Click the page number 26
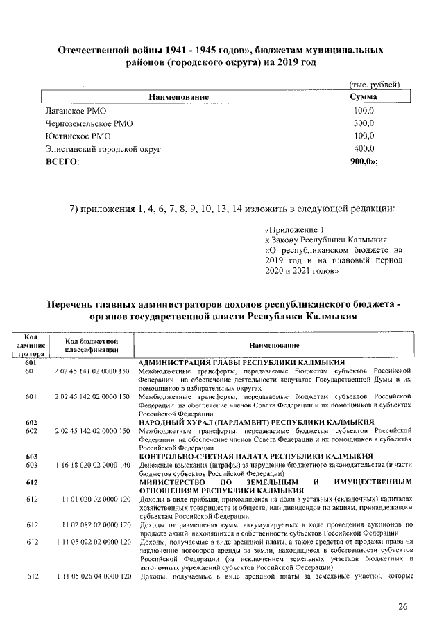point(402,607)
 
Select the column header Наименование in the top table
point(176,98)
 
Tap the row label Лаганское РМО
point(76,111)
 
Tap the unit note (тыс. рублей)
point(373,85)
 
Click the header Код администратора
point(31,345)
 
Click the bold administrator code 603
point(31,456)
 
